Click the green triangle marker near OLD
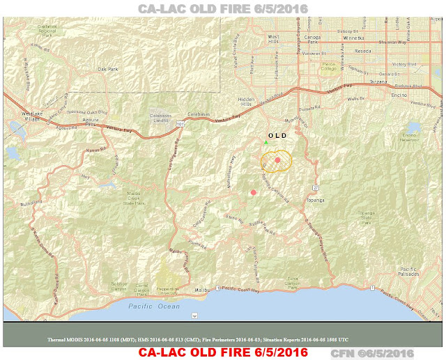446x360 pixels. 266,143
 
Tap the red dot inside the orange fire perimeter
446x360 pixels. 277,160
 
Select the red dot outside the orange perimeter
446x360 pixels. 253,192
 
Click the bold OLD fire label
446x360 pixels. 277,135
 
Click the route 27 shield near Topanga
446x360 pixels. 316,187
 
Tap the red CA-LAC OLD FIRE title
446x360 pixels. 223,352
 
